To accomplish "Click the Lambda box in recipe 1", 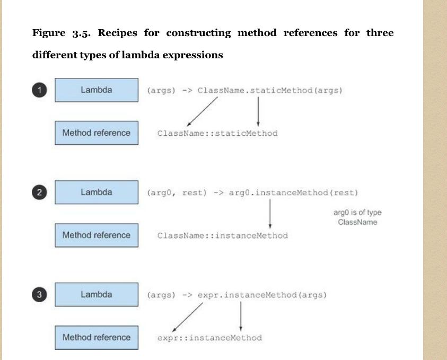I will [x=97, y=90].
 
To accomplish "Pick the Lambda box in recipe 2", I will [x=97, y=192].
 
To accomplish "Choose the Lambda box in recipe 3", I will [x=97, y=295].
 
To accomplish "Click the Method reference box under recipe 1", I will [x=97, y=133].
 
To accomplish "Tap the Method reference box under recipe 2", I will [x=97, y=235].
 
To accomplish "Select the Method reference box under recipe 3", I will [x=97, y=337].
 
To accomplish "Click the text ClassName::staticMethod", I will [x=217, y=133].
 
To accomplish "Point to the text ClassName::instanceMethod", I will [x=222, y=235].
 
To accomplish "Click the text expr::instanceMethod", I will [x=209, y=338].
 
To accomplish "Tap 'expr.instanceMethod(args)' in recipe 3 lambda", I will [x=261, y=295].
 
